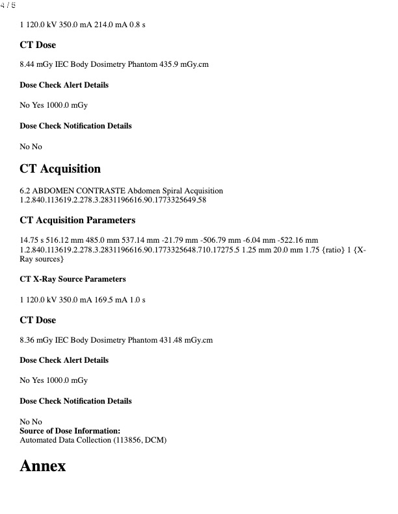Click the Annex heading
43,466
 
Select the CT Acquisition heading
60,169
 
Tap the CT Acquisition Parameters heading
77,220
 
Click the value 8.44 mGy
34,65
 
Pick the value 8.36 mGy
34,340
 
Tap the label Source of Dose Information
70,431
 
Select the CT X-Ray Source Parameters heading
73,279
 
